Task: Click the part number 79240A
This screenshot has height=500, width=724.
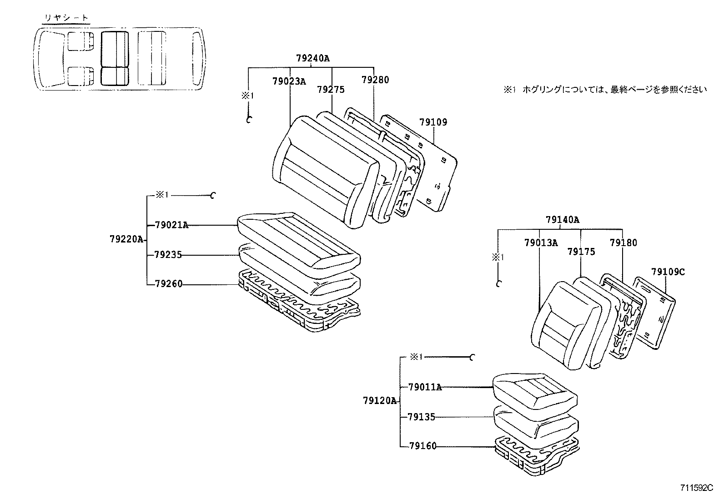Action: pos(312,58)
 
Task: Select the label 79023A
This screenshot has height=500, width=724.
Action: pos(289,81)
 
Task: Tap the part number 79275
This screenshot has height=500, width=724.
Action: pos(331,90)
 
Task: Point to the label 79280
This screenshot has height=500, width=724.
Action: pos(375,80)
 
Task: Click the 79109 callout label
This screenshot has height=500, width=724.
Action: pos(433,122)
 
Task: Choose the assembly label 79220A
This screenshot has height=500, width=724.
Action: pos(126,239)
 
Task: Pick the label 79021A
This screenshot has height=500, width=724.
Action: pos(171,225)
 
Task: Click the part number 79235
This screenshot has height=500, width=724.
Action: pos(168,255)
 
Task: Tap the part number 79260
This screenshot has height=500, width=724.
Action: pos(168,284)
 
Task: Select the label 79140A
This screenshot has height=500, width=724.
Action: pos(563,220)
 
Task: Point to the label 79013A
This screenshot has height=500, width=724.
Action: pos(541,243)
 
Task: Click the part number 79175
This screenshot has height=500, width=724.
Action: pos(581,252)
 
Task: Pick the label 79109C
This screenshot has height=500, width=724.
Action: pos(668,272)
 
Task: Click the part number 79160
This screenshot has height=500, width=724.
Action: pos(422,446)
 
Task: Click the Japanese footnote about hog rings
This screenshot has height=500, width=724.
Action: pos(605,90)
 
